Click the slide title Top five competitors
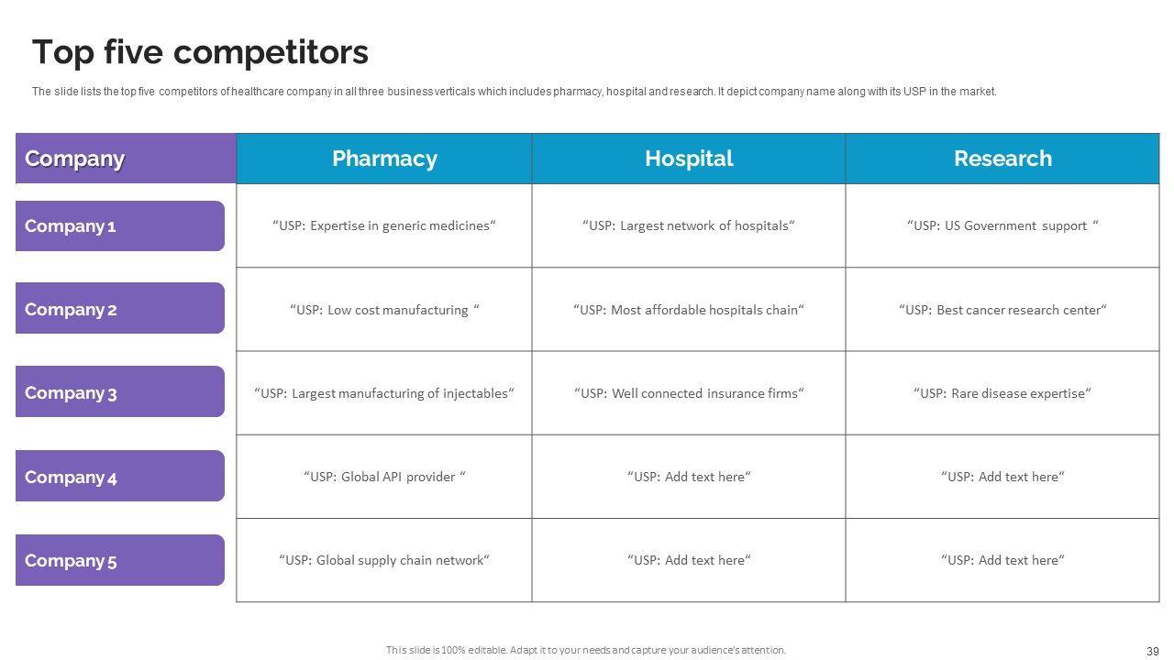[x=200, y=53]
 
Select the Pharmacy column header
[x=384, y=159]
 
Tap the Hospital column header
[x=689, y=159]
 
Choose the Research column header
[x=1002, y=159]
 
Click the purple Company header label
[x=75, y=159]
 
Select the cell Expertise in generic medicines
[x=384, y=225]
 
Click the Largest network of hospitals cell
[x=689, y=225]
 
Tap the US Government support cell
[x=1002, y=225]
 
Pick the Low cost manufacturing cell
[x=384, y=310]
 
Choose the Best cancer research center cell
[x=1002, y=310]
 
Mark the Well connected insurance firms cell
[x=689, y=393]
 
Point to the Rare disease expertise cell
[x=1002, y=393]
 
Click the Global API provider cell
[x=384, y=477]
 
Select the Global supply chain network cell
[x=384, y=560]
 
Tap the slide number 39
[x=1153, y=651]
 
